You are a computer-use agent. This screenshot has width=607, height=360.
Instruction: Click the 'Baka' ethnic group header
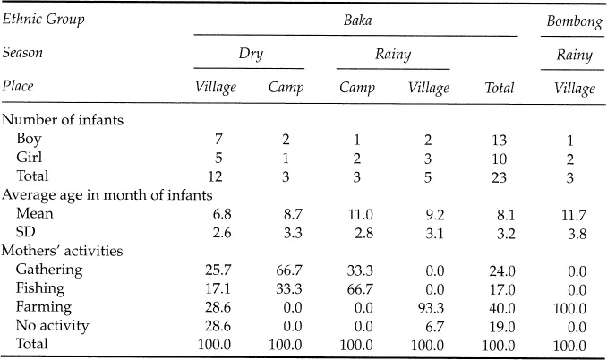357,19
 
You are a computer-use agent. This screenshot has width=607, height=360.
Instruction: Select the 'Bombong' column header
573,20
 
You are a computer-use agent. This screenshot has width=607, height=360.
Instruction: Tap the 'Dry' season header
250,54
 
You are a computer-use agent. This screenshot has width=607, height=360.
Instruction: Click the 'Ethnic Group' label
43,19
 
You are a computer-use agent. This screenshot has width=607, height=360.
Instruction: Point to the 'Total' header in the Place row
499,88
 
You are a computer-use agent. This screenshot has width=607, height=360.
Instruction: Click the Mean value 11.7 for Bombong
573,215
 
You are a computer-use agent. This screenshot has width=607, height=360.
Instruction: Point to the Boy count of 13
499,140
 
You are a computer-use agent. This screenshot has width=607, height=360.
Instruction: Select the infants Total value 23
499,176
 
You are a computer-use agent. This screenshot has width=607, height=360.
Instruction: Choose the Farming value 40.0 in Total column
499,307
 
